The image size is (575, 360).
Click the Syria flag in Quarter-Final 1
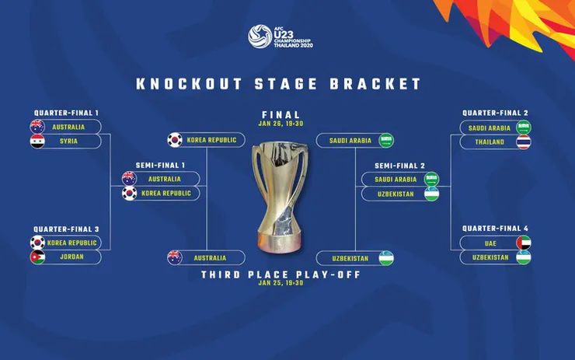(x=37, y=142)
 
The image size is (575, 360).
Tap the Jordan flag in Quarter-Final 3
(x=37, y=257)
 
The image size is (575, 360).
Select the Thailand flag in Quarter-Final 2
(x=523, y=142)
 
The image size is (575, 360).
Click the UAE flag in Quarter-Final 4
(x=523, y=243)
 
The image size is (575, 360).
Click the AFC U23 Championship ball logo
(x=260, y=37)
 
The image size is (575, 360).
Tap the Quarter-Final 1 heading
(x=66, y=113)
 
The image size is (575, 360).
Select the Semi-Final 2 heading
(x=399, y=166)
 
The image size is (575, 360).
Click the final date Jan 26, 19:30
(x=281, y=124)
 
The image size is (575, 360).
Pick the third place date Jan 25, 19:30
(x=281, y=283)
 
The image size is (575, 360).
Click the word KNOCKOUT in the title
(x=190, y=84)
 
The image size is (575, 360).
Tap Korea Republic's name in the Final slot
(x=211, y=140)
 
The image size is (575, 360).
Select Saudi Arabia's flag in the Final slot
(x=385, y=141)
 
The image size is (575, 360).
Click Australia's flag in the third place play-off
(x=175, y=257)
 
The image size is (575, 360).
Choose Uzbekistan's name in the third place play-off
(x=350, y=259)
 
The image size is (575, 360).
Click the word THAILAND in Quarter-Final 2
(x=490, y=142)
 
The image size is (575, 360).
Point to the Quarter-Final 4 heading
(x=495, y=229)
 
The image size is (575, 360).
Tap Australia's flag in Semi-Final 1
(x=129, y=179)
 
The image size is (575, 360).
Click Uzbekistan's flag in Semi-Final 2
(x=431, y=194)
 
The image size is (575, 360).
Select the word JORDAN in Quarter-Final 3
(x=71, y=257)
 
